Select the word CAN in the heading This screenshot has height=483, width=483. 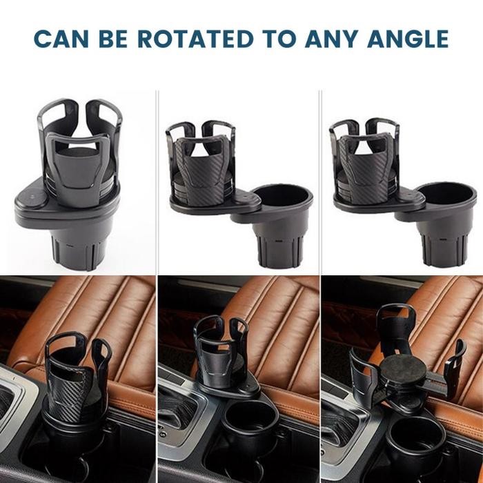tap(59, 39)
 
